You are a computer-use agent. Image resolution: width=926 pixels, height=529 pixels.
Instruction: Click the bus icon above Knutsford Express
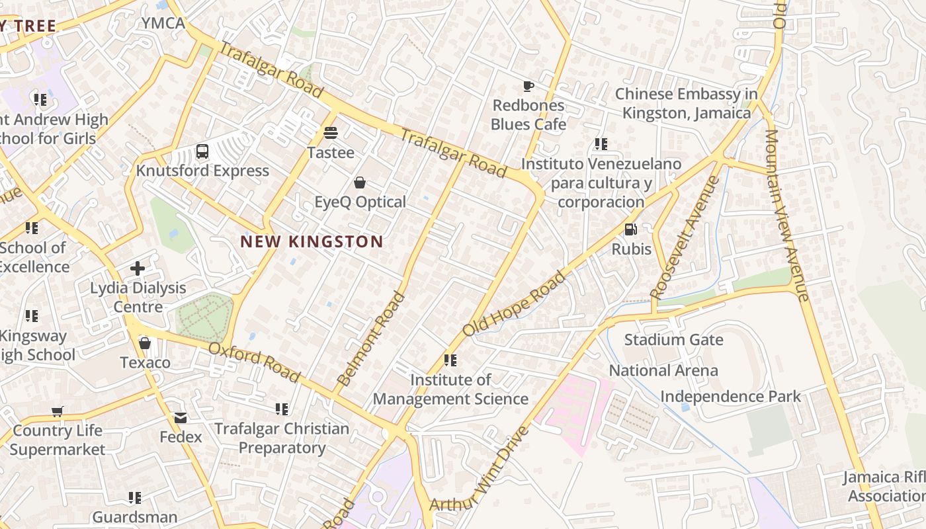coord(202,152)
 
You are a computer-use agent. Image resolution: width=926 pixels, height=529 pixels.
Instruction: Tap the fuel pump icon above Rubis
coord(631,229)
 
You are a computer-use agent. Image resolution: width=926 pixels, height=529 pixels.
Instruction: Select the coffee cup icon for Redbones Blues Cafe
coord(528,86)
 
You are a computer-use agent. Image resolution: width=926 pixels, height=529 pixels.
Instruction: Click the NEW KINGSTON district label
coord(312,242)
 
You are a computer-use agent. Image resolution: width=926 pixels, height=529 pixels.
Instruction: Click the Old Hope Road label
coord(515,303)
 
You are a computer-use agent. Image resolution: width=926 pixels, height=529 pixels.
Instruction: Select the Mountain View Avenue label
coord(787,215)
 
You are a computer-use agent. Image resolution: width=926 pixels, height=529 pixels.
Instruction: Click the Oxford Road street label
coord(254,362)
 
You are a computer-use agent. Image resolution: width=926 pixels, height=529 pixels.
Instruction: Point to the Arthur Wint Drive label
coord(480,469)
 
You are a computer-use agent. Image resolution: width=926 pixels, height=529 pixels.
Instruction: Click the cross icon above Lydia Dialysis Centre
coord(138,268)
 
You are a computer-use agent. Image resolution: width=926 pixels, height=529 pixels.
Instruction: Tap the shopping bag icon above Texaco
coord(145,343)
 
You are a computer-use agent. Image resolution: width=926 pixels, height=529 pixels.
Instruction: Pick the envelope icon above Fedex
coord(181,418)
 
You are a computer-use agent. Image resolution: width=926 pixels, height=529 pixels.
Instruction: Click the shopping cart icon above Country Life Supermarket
coord(58,411)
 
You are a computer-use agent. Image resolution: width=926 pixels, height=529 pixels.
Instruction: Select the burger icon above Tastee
coord(331,133)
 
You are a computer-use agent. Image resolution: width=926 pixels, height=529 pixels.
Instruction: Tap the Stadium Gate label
coord(673,340)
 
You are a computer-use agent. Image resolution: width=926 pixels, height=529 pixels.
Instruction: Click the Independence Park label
coord(730,397)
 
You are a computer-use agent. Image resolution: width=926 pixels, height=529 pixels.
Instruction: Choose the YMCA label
coord(163,23)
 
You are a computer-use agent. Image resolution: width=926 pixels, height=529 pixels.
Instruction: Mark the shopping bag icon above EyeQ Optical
coord(360,183)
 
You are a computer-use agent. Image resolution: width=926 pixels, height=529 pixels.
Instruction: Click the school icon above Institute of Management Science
coord(450,360)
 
